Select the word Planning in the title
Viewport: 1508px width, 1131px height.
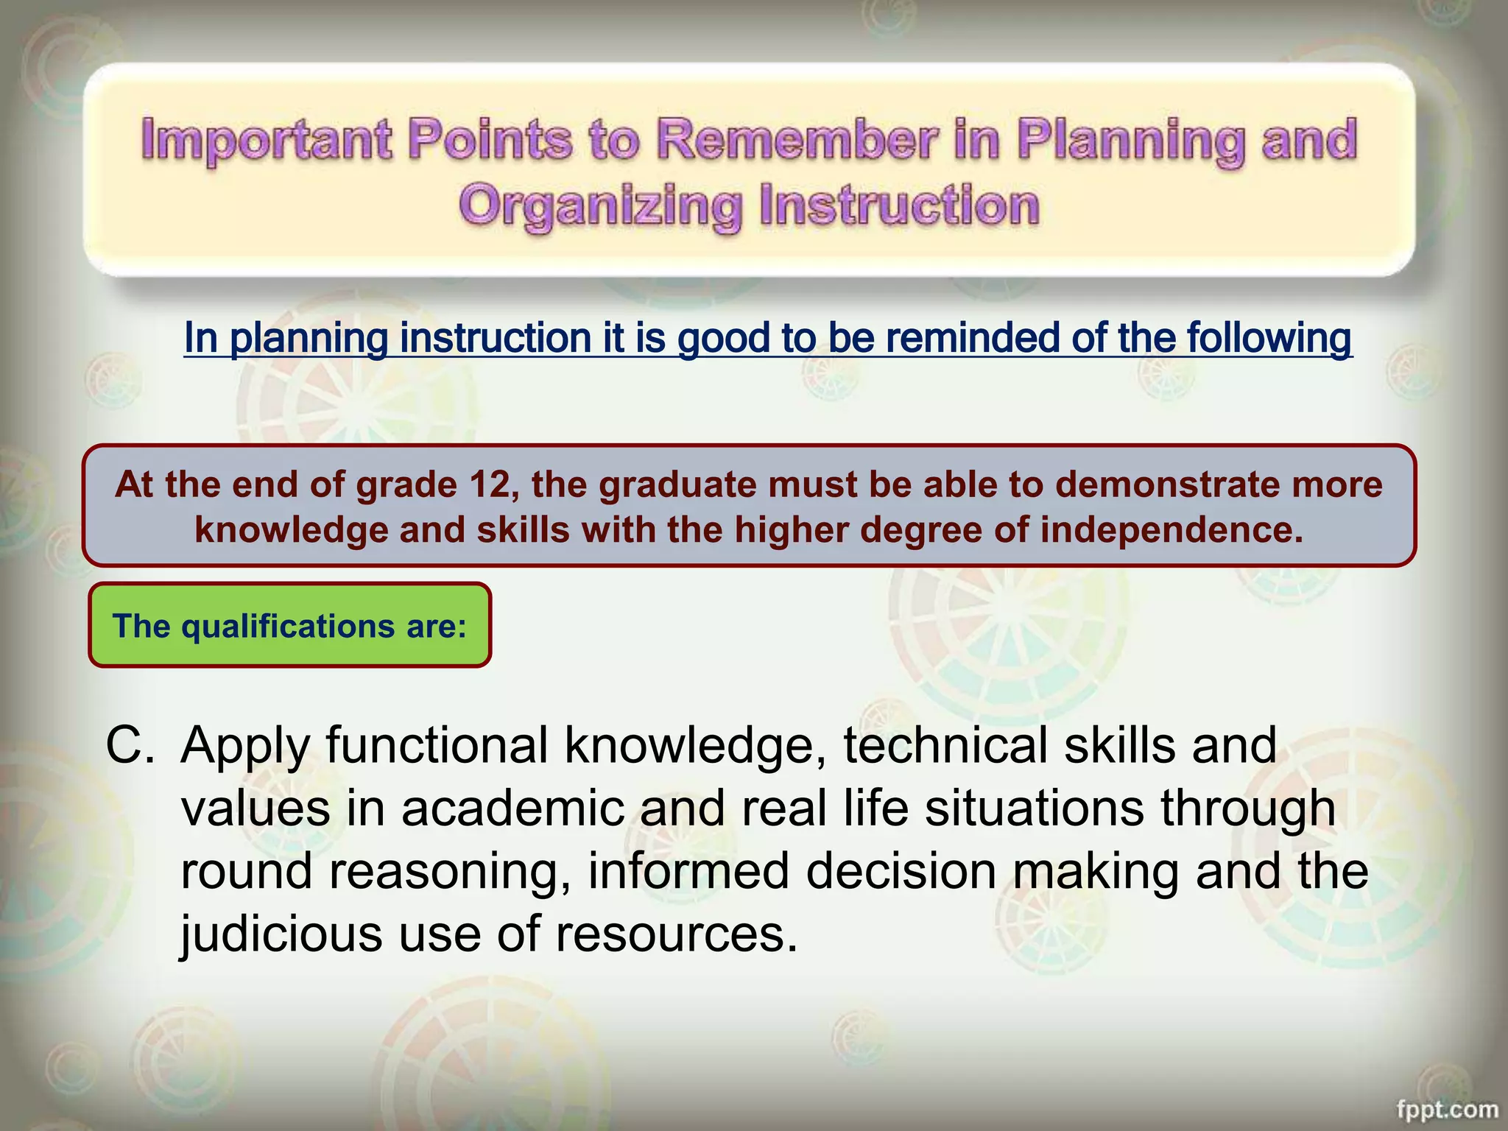[x=1131, y=140]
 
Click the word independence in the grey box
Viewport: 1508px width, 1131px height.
[x=1171, y=529]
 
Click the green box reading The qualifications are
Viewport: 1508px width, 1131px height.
[x=289, y=626]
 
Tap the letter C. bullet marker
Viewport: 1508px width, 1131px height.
[x=130, y=745]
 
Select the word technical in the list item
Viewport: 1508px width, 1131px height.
[x=945, y=745]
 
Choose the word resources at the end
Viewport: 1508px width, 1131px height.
[x=676, y=934]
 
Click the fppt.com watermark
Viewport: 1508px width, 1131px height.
[x=1447, y=1109]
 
